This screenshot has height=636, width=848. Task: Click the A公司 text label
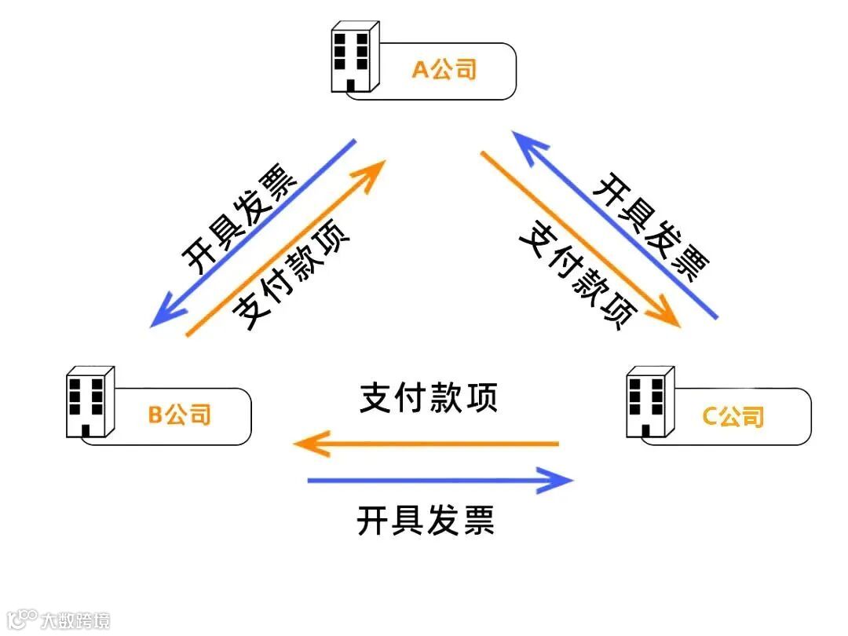coord(444,71)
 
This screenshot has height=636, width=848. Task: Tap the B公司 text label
coord(179,414)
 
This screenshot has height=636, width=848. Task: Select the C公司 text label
coord(732,415)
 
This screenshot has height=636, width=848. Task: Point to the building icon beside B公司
coord(89,401)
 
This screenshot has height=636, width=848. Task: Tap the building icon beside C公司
coord(649,401)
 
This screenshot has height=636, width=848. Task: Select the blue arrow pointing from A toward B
coord(254,233)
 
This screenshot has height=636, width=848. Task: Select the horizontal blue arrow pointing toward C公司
coord(440,481)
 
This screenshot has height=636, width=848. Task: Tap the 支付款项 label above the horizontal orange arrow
coord(429,399)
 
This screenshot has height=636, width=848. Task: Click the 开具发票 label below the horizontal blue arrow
coord(426,521)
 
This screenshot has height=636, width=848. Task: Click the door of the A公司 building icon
coord(350,84)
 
